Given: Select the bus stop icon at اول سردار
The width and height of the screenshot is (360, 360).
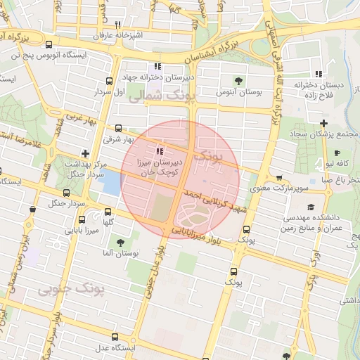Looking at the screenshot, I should pos(108,82).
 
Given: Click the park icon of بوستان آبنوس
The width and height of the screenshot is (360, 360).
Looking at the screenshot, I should pos(238,82).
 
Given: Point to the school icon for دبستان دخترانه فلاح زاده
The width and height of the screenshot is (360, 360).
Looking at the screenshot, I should pos(319,74).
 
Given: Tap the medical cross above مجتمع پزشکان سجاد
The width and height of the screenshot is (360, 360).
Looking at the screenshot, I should pos(323,123).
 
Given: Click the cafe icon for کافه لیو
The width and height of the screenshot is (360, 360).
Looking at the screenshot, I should pos(338,153).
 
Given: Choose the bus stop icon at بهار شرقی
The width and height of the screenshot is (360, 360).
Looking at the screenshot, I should pos(118,129).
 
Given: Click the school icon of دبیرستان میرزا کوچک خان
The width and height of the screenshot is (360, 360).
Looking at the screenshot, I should pos(160,150).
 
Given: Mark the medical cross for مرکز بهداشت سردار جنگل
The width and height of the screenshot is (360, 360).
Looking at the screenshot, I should pos(86,153).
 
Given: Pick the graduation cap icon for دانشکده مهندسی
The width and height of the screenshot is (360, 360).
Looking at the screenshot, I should pos(310,206).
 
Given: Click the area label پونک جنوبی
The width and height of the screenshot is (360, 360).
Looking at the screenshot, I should pos(79,288).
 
